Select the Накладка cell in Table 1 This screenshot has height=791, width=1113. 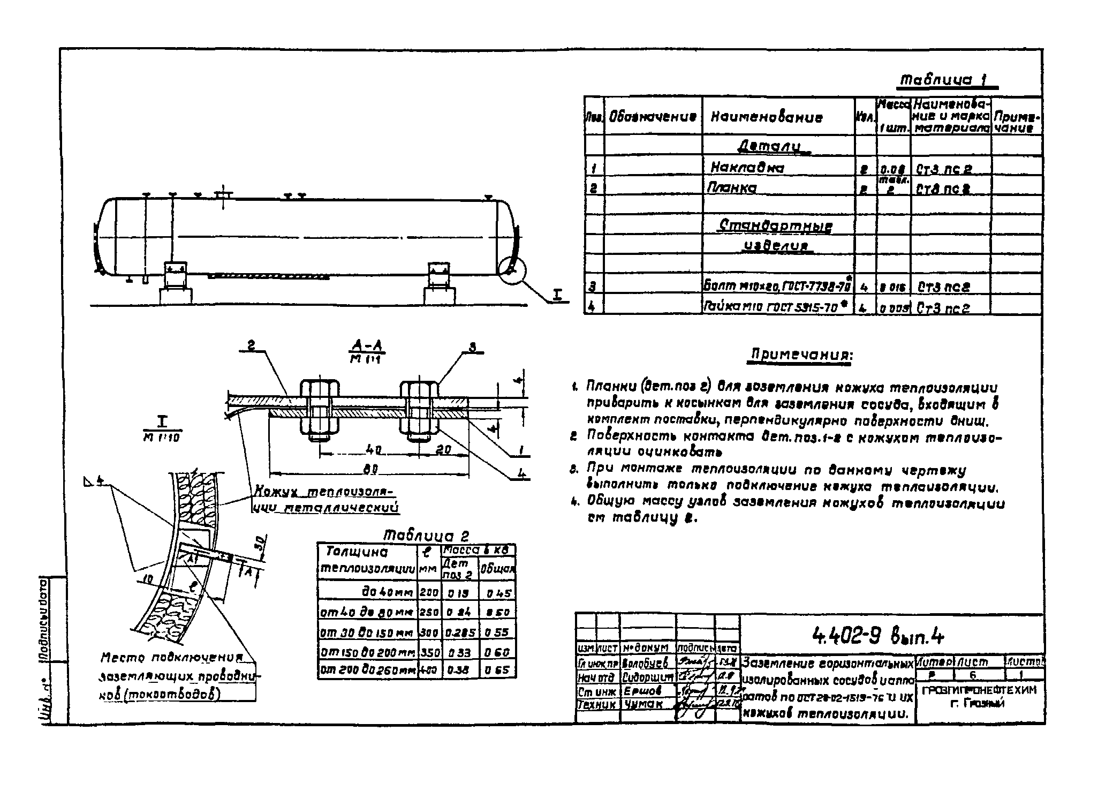click(x=747, y=168)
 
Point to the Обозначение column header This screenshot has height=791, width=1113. click(x=652, y=117)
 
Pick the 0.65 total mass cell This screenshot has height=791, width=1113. click(x=497, y=669)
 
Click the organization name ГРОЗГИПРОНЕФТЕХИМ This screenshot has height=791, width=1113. click(x=979, y=690)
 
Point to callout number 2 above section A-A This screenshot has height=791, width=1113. click(x=252, y=348)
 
